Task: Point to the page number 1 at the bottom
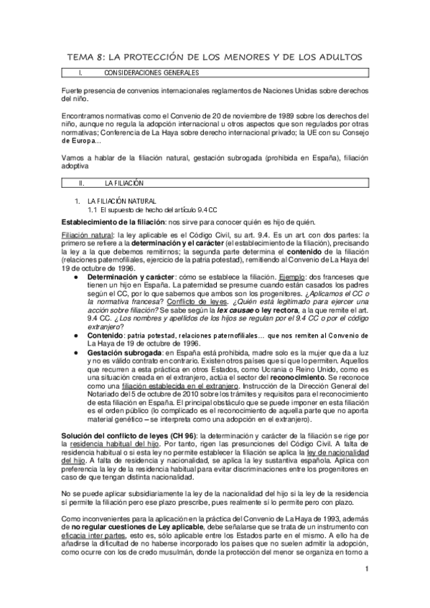click(x=366, y=589)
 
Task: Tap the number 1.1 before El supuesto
click(x=92, y=209)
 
